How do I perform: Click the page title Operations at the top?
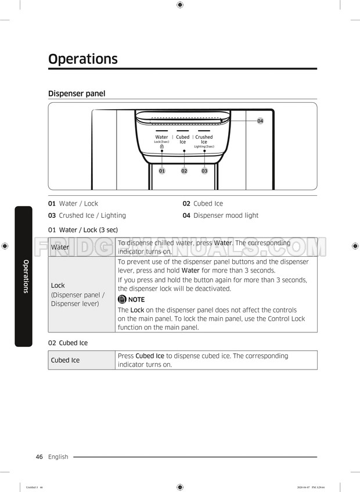pyautogui.click(x=83, y=59)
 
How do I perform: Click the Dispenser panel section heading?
pyautogui.click(x=77, y=94)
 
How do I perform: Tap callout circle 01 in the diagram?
pyautogui.click(x=162, y=171)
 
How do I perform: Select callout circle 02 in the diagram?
pyautogui.click(x=184, y=171)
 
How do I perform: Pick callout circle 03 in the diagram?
pyautogui.click(x=204, y=171)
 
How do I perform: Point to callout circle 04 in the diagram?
pyautogui.click(x=260, y=121)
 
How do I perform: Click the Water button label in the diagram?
pyautogui.click(x=161, y=137)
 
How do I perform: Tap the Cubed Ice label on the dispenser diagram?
pyautogui.click(x=183, y=139)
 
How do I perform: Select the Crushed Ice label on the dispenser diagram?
pyautogui.click(x=204, y=139)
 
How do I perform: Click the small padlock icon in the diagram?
pyautogui.click(x=161, y=146)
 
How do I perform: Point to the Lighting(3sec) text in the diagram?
pyautogui.click(x=204, y=146)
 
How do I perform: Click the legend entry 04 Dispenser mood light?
pyautogui.click(x=220, y=216)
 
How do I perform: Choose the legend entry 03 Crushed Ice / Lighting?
pyautogui.click(x=87, y=216)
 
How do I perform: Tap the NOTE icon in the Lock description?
pyautogui.click(x=122, y=300)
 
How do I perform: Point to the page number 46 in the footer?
pyautogui.click(x=39, y=457)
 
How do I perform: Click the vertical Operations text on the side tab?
pyautogui.click(x=25, y=276)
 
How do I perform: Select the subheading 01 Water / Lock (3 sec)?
pyautogui.click(x=83, y=230)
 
